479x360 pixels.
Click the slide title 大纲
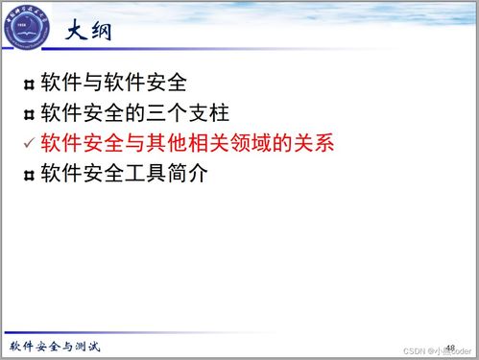tap(91, 32)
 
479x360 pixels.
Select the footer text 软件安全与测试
tap(55, 347)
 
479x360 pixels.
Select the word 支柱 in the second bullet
tap(208, 113)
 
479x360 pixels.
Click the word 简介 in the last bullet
tap(208, 175)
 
